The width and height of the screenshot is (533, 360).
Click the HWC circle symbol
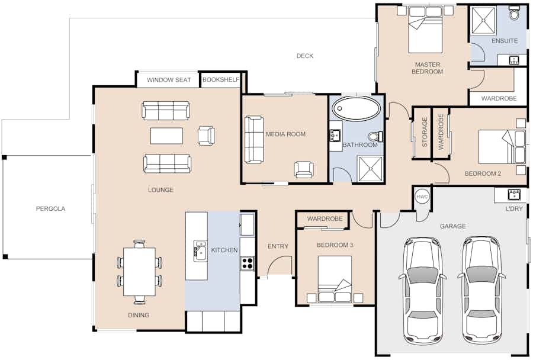422,197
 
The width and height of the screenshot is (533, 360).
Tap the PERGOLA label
50,209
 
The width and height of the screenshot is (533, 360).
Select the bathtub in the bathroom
357,108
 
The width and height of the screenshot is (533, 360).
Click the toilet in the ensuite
514,13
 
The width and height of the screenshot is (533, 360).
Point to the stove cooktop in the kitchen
248,263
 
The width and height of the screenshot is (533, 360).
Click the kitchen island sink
200,250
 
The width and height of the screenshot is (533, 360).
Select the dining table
139,272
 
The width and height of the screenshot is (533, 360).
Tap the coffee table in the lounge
166,136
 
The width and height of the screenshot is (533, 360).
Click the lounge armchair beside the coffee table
206,136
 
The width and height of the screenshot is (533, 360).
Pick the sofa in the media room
254,140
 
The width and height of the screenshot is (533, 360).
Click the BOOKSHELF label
221,80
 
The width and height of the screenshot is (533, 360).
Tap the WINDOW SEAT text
169,80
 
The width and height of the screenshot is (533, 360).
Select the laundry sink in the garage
514,194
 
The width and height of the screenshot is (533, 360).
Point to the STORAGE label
425,132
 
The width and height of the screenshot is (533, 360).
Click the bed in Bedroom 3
335,279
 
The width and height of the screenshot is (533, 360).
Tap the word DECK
305,56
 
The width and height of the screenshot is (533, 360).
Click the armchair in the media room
304,169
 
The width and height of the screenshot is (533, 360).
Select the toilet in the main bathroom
375,136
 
